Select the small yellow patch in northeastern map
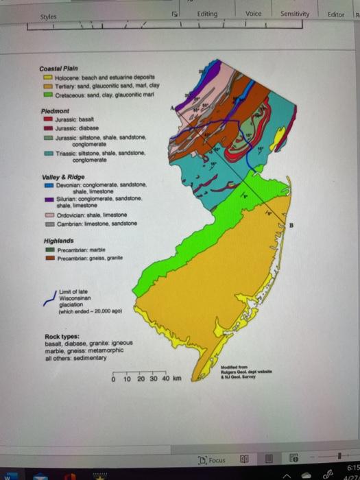point(278,141)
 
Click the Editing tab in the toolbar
point(206,14)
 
